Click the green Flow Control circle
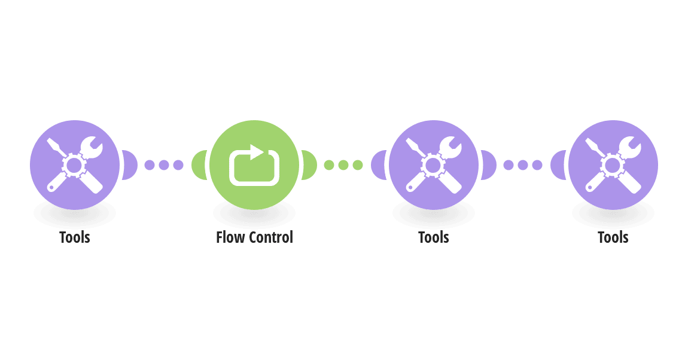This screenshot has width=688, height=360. coord(254,165)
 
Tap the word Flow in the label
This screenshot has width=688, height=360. coord(230,237)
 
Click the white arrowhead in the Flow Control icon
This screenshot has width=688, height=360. coord(257,152)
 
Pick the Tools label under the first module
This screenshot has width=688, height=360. coord(75,237)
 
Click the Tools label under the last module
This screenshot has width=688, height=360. coord(613,237)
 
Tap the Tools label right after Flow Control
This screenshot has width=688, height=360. coord(434,237)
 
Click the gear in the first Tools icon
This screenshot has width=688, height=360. coord(74,165)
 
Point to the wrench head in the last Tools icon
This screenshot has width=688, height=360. coord(630,147)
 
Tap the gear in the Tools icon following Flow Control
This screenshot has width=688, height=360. coord(433,165)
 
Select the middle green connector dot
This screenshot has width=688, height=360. coord(343,165)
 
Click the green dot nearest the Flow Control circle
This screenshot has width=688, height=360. coord(329,165)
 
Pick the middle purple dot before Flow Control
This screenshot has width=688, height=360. coord(164,165)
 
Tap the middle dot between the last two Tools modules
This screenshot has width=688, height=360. coord(523,165)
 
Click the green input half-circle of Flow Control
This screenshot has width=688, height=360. coord(200,165)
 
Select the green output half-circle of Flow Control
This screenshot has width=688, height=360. coord(309,165)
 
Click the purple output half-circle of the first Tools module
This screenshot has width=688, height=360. coord(130,165)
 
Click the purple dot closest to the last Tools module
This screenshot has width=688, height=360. coord(537,165)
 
